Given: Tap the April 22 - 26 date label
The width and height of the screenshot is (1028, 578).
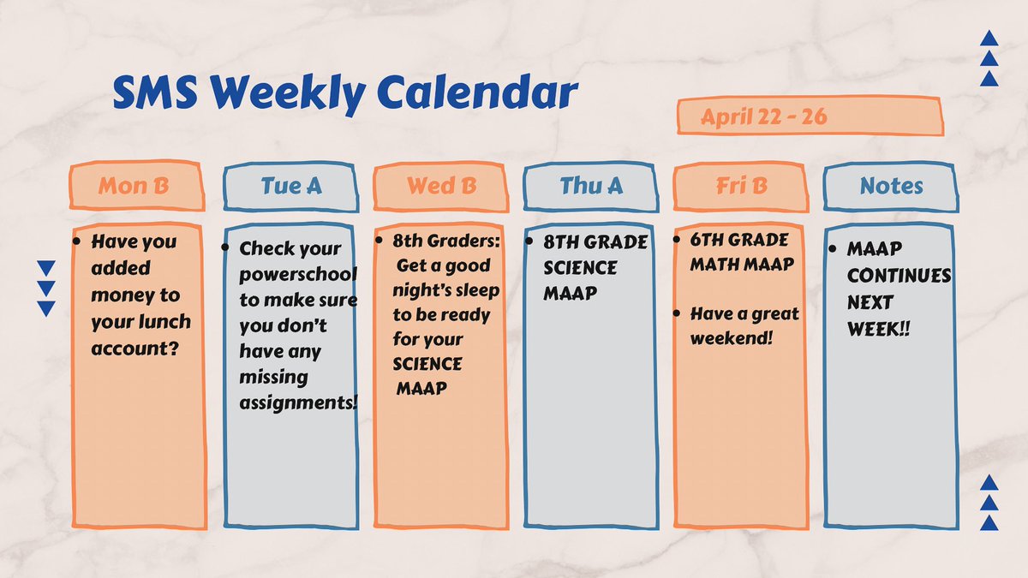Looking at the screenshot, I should [x=764, y=117].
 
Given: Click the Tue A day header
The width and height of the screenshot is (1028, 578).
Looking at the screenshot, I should [x=291, y=186].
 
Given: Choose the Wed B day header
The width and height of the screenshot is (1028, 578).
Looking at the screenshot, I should [x=442, y=186].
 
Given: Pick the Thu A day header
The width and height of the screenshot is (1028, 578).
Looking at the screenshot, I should [x=591, y=186].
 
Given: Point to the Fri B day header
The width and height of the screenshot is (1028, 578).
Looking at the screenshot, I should [x=741, y=186].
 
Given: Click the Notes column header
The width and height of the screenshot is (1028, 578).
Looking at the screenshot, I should [x=892, y=186].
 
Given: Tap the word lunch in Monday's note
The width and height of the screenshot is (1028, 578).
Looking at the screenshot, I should [x=166, y=322].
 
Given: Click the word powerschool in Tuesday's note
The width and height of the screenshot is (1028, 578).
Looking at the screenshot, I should [x=297, y=275].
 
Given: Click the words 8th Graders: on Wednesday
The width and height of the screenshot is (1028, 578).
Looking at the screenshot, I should [x=445, y=242].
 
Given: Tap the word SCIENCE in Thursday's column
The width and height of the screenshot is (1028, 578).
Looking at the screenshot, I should [x=580, y=268].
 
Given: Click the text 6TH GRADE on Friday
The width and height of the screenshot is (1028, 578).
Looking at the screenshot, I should [x=739, y=241].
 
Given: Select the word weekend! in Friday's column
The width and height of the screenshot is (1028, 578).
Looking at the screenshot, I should [x=731, y=338].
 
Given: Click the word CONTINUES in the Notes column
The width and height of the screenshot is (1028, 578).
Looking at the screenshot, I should [x=899, y=277].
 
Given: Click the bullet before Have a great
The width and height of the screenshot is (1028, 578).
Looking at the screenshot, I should [x=678, y=314].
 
